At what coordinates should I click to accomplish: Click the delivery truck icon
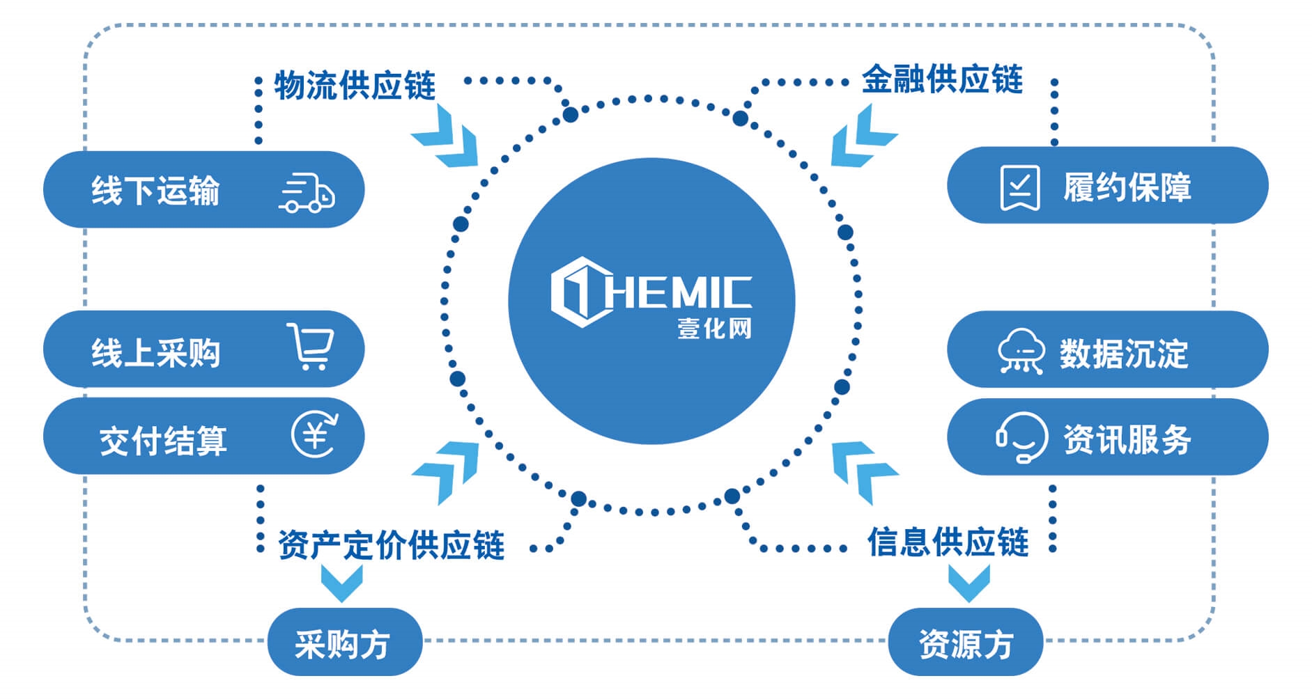(x=307, y=193)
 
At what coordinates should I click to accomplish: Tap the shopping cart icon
(x=310, y=346)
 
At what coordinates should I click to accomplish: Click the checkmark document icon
(x=1019, y=187)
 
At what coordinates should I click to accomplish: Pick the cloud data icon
(x=1020, y=352)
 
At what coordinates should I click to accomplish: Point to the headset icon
(x=1021, y=437)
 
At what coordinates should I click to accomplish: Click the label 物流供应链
(x=355, y=86)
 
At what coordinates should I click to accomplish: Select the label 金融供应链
(x=942, y=79)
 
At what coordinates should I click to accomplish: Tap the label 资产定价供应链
(x=391, y=544)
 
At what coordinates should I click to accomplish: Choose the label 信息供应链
(x=948, y=542)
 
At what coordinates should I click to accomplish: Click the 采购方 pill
(x=344, y=643)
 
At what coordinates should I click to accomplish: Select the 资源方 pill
(x=965, y=643)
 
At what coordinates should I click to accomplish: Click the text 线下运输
(x=155, y=190)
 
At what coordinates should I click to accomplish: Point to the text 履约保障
(x=1127, y=187)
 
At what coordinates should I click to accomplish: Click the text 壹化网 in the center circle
(x=714, y=329)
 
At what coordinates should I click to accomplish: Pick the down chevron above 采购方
(x=341, y=582)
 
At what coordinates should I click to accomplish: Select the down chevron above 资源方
(x=968, y=582)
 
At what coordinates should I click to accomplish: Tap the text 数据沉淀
(x=1123, y=354)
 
